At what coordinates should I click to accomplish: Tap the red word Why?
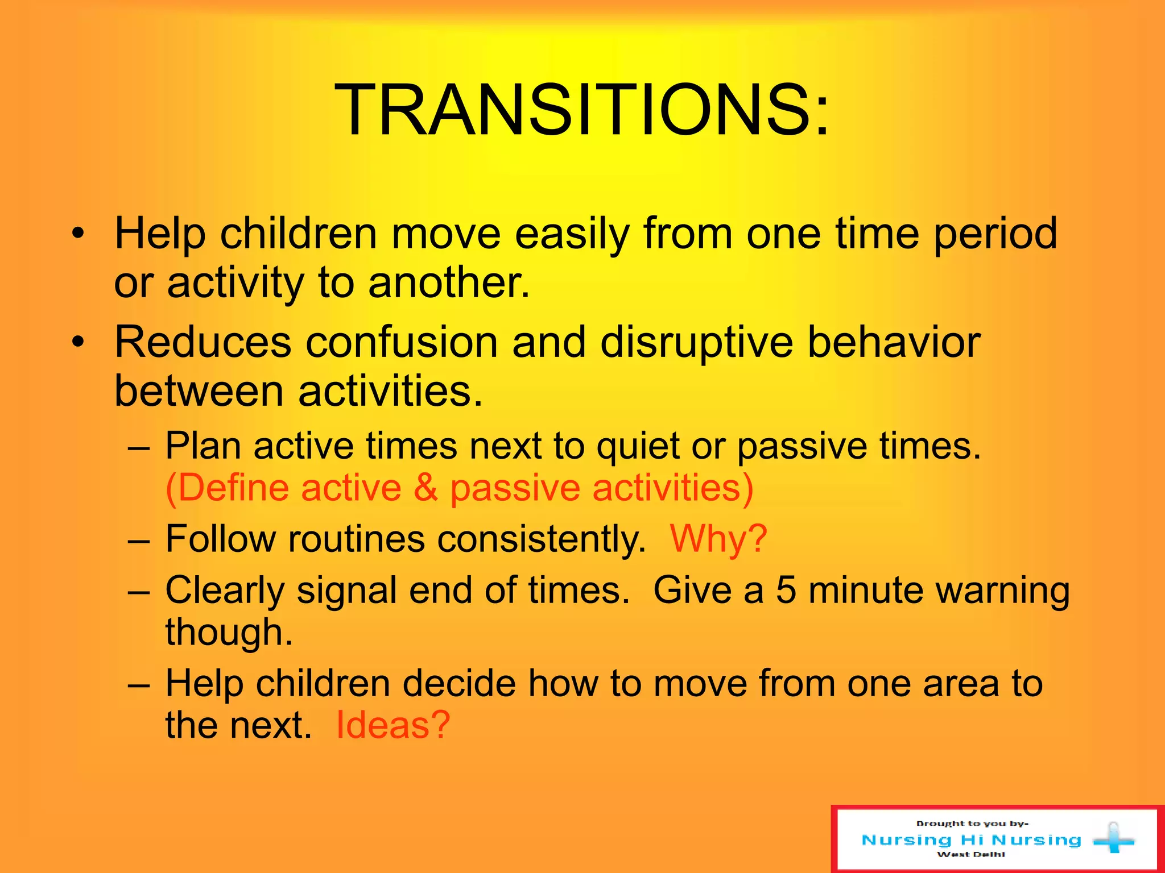[718, 538]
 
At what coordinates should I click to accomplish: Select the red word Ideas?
[393, 725]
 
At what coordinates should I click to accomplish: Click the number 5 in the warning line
[786, 590]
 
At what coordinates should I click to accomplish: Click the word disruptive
[696, 343]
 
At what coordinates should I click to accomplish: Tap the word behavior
[894, 342]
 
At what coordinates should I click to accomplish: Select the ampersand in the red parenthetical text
[425, 488]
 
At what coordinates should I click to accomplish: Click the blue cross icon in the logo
[1113, 839]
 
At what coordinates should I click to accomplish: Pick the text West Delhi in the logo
[970, 854]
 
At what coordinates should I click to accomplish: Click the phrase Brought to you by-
[972, 824]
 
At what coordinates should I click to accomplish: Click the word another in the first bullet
[449, 283]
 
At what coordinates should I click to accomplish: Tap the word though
[229, 633]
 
